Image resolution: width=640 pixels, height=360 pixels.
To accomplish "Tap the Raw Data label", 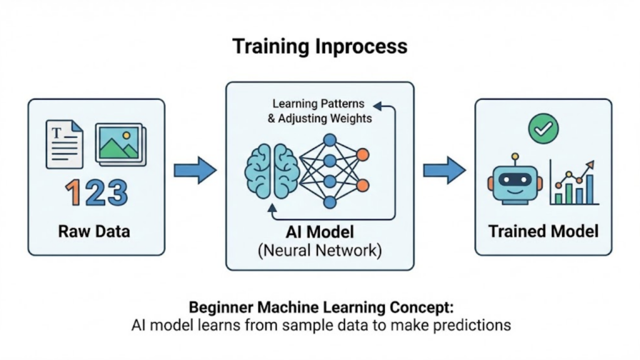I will pyautogui.click(x=94, y=231).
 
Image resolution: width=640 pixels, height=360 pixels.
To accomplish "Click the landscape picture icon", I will pyautogui.click(x=120, y=144).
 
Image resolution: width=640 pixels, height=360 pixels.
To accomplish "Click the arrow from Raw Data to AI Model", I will pyautogui.click(x=194, y=170).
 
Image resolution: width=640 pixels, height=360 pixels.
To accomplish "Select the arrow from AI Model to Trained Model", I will pyautogui.click(x=444, y=170).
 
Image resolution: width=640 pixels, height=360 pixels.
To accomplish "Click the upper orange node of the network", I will pyautogui.click(x=362, y=154).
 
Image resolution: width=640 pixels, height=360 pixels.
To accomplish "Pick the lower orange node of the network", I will pyautogui.click(x=362, y=184).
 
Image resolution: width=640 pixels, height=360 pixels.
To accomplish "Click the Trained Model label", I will pyautogui.click(x=543, y=231).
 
